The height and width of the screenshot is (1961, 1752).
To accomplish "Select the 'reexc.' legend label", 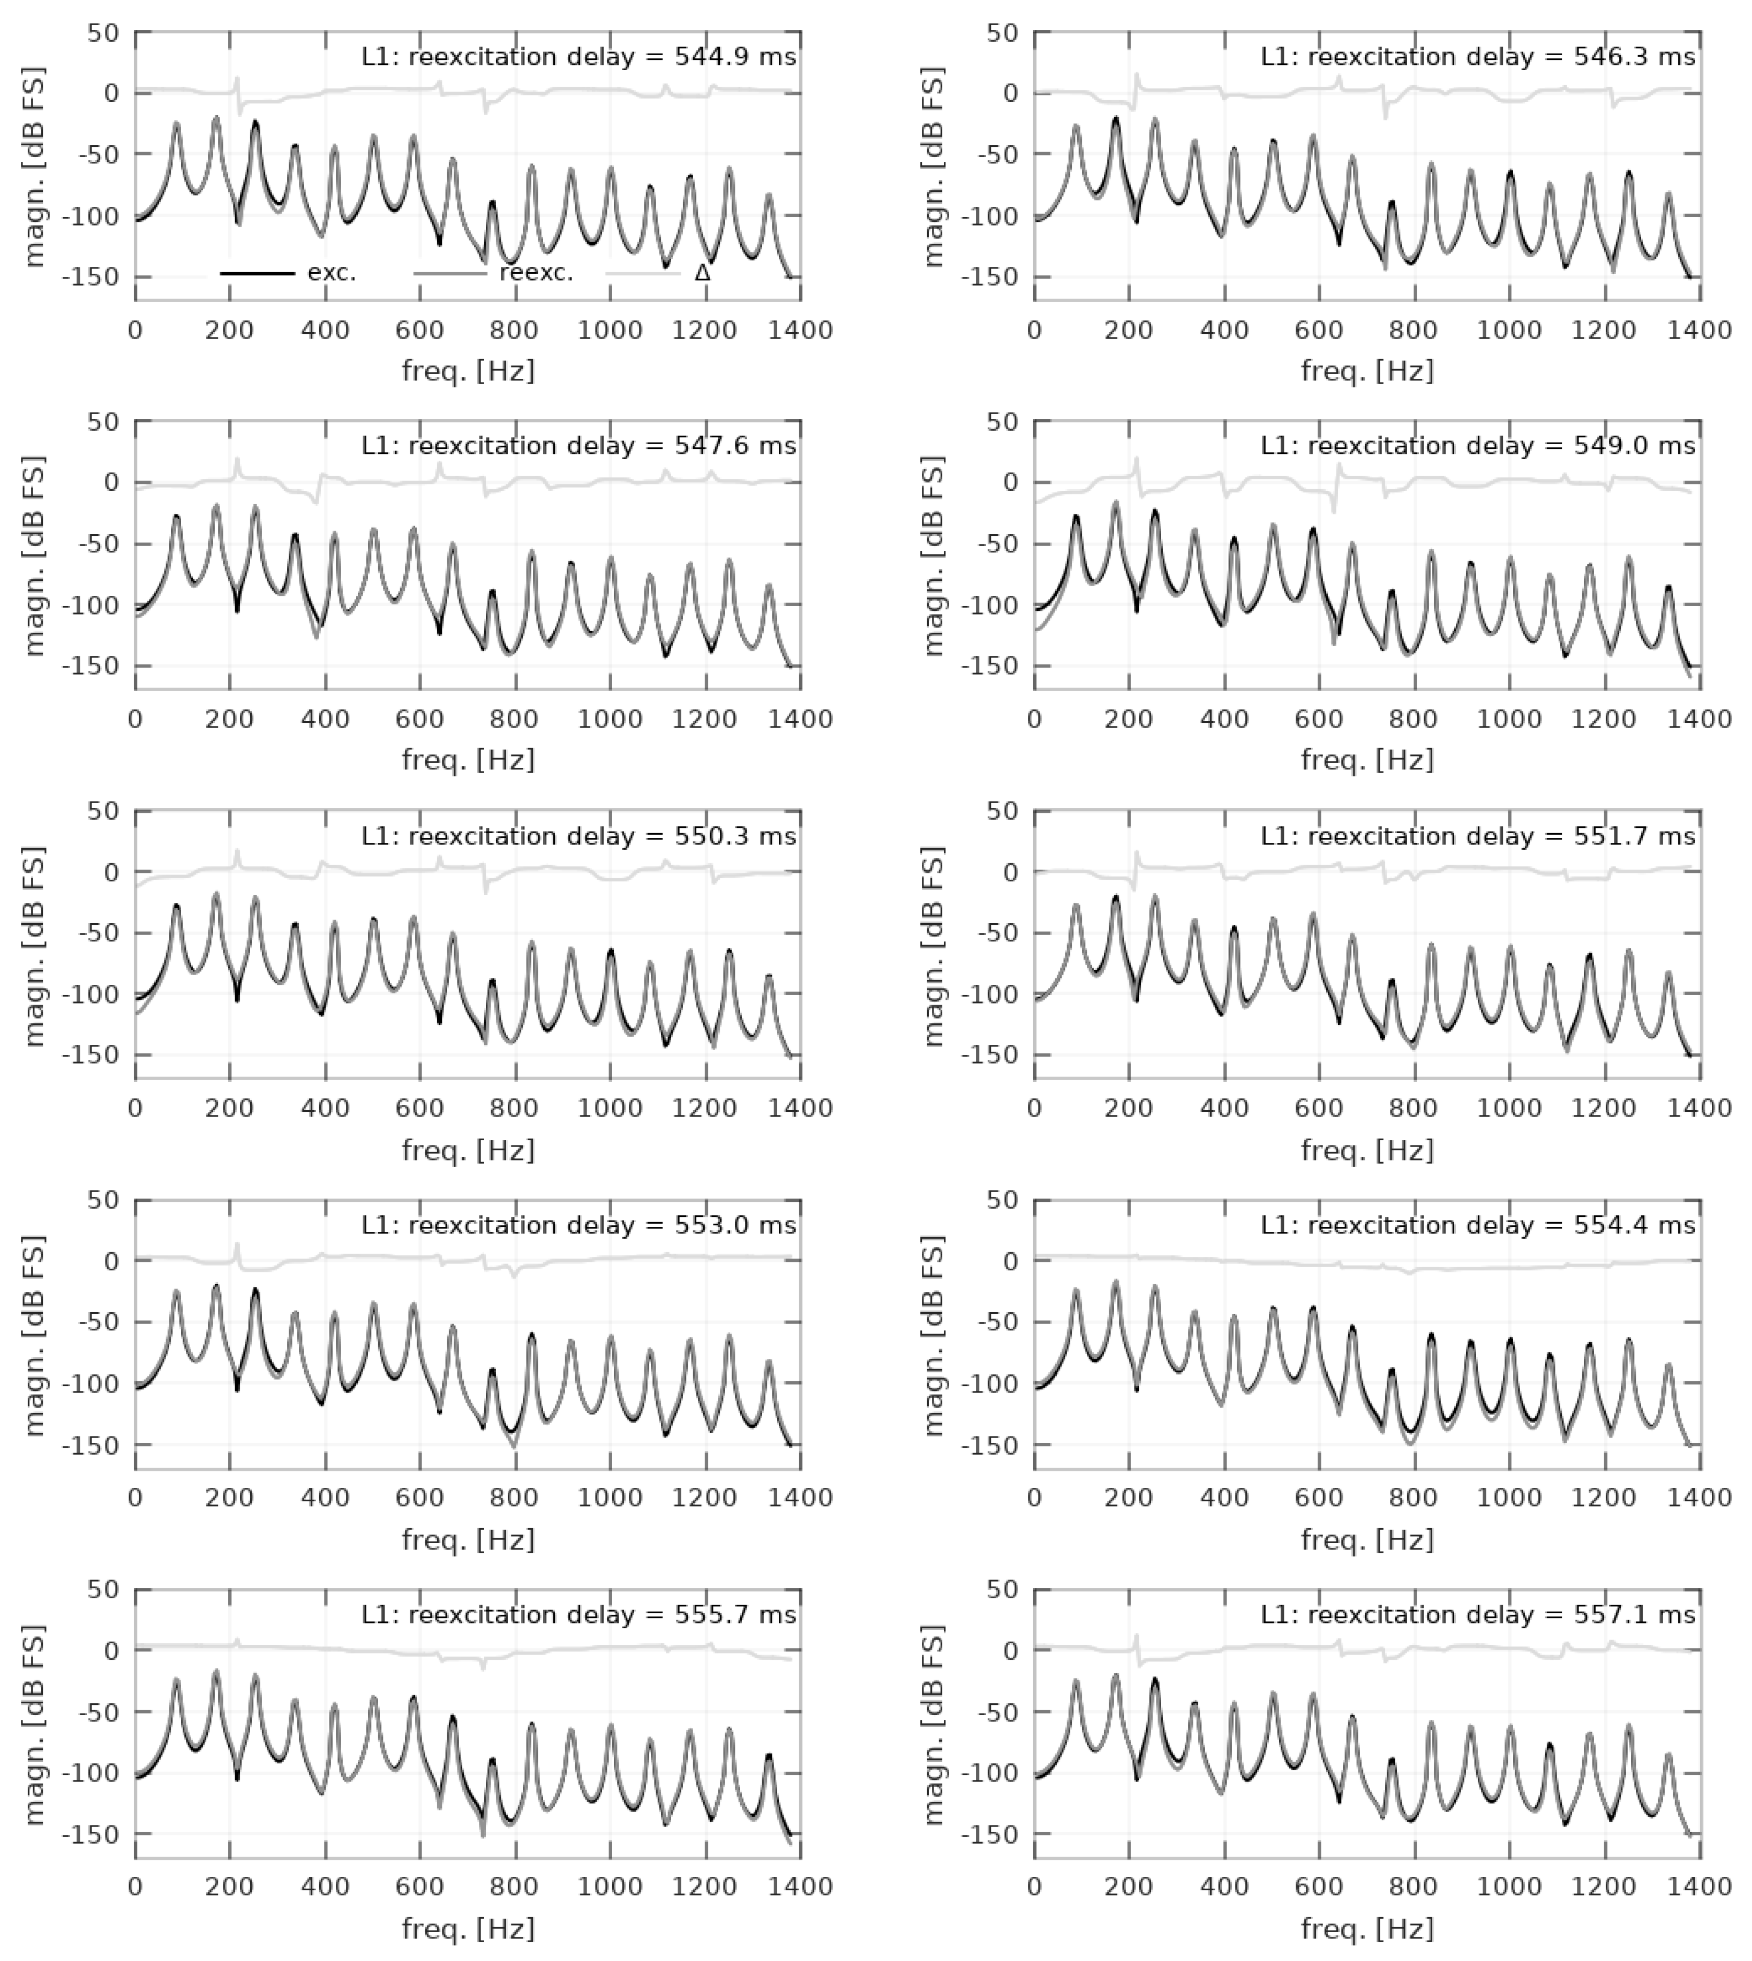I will pos(536,272).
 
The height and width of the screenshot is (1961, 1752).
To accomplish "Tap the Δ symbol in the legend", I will pos(703,272).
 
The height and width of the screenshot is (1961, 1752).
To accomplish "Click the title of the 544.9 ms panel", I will pos(578,57).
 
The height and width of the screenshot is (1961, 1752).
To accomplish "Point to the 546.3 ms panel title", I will pos(1478,57).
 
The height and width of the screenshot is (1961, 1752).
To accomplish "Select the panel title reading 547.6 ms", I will pos(578,446).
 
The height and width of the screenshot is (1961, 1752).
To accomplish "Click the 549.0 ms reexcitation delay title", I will pos(1478,446).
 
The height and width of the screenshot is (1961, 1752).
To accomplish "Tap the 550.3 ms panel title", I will pos(578,836).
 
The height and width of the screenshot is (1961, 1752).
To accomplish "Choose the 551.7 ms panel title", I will pos(1478,836).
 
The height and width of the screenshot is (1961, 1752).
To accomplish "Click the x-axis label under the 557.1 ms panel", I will pos(1367,1928).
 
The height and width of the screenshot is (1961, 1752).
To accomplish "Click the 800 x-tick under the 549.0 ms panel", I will pos(1414,719).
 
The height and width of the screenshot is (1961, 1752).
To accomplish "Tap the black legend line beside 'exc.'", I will pos(257,273).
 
